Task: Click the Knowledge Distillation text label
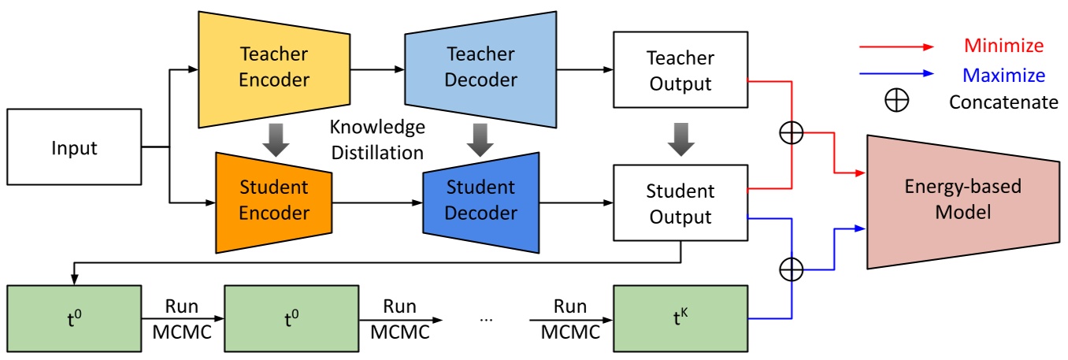(x=376, y=139)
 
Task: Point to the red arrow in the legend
(x=896, y=46)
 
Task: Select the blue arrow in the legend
(x=896, y=75)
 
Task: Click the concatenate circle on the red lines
(x=791, y=133)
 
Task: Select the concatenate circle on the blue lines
(x=791, y=269)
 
